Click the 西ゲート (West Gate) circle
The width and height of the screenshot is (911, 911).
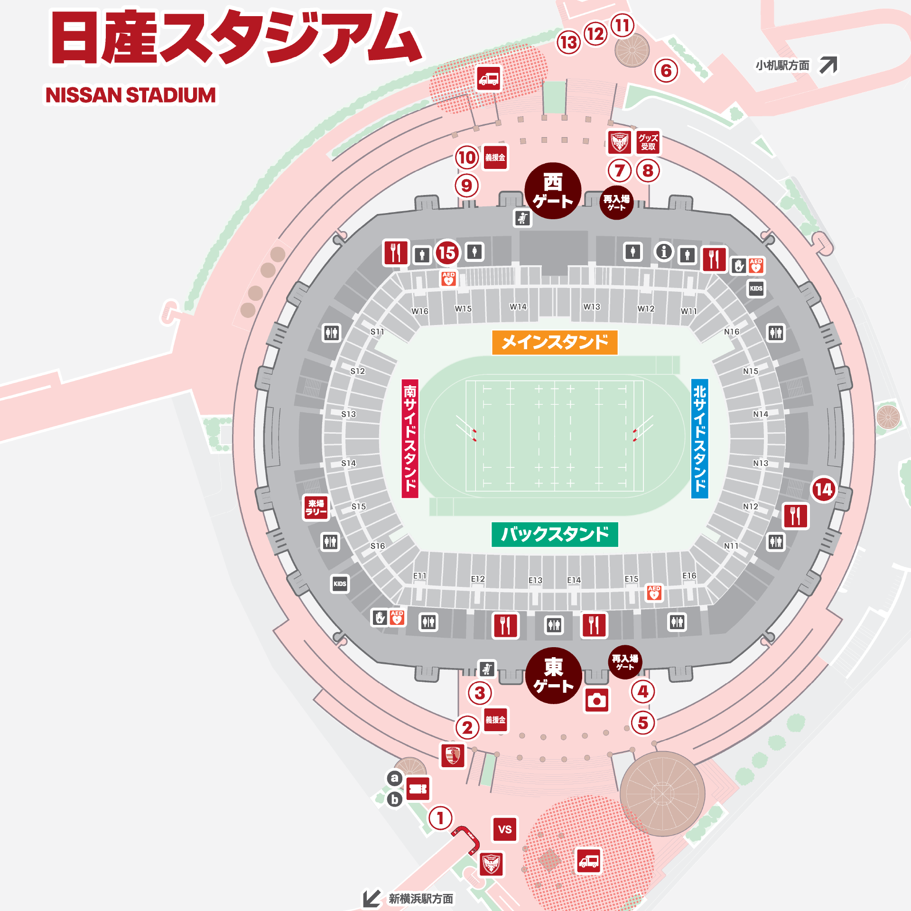(553, 191)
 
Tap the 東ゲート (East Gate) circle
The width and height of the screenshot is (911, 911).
(553, 675)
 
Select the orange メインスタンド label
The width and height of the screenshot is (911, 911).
(555, 342)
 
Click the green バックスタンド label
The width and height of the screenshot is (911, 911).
(555, 534)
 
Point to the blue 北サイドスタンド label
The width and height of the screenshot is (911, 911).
(699, 438)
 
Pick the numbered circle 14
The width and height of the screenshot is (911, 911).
(824, 490)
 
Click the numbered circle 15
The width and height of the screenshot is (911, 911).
(447, 252)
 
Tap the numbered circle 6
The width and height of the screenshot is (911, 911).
(666, 71)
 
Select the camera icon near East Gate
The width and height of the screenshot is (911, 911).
(596, 700)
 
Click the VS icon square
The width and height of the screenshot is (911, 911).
(505, 829)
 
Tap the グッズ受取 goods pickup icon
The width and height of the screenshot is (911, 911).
(648, 142)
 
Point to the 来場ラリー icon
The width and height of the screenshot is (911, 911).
(316, 507)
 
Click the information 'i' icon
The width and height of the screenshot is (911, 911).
(664, 251)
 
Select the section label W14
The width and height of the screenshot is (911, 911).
(518, 307)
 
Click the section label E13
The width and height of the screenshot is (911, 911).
(535, 580)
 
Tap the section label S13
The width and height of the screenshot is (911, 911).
(348, 414)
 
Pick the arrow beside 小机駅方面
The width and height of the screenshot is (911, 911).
(828, 65)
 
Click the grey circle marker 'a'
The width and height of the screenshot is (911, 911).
(394, 778)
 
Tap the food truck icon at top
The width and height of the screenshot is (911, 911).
(489, 78)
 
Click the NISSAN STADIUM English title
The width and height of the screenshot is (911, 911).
(130, 95)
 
